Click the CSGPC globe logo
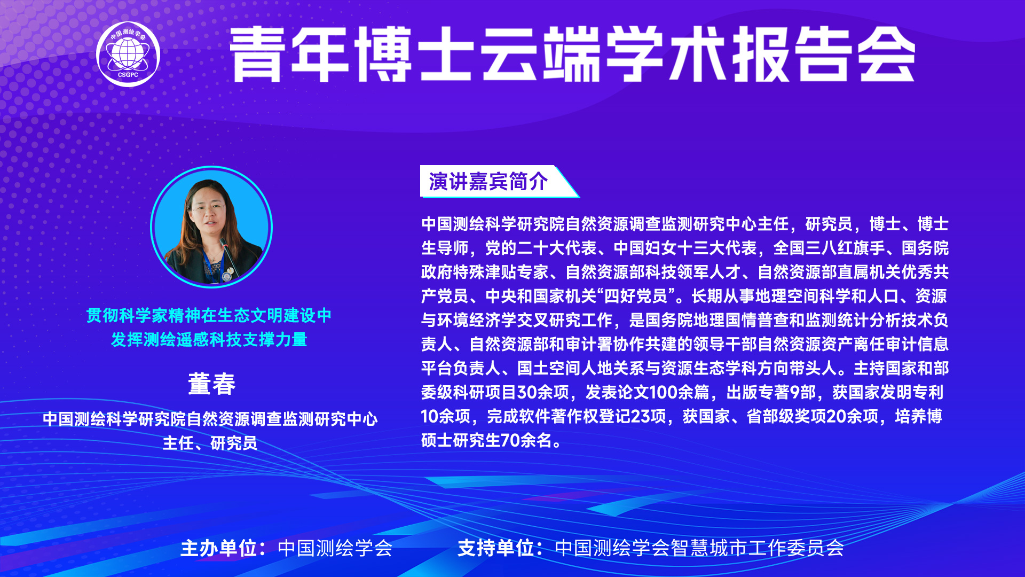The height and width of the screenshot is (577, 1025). [128, 54]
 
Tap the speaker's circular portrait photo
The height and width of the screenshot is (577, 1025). [211, 227]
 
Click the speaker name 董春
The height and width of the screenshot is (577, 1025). [212, 384]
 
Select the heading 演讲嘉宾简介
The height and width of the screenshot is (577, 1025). [488, 182]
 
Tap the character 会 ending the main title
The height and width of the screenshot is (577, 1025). [887, 54]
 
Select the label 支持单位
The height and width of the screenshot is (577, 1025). [496, 548]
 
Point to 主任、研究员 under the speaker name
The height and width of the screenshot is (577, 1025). [210, 443]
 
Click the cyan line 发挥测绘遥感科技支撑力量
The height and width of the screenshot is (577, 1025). [209, 340]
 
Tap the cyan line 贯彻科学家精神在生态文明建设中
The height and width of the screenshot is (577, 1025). [209, 316]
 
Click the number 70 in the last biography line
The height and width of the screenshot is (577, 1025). [510, 441]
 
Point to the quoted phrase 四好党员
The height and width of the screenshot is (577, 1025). [636, 296]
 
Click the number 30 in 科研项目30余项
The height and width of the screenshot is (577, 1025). [527, 393]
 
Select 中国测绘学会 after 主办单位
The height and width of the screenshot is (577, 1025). [335, 548]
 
